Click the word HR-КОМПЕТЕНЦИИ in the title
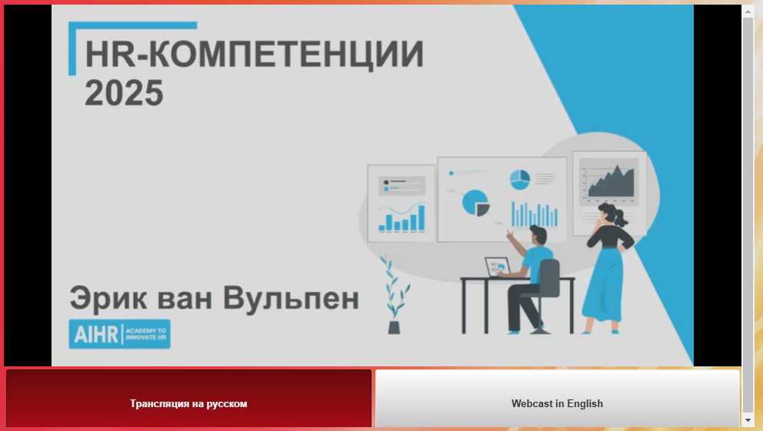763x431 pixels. [x=255, y=55]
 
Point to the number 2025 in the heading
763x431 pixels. [x=124, y=92]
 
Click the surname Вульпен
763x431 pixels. [x=291, y=298]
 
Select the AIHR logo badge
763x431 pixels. [x=120, y=334]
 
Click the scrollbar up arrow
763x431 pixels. [x=748, y=12]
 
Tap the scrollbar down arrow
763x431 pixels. [x=748, y=419]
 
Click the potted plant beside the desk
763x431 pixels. [x=395, y=295]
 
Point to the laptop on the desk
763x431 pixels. [x=498, y=267]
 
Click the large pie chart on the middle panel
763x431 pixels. [x=475, y=202]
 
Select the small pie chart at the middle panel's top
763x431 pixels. [x=520, y=179]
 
